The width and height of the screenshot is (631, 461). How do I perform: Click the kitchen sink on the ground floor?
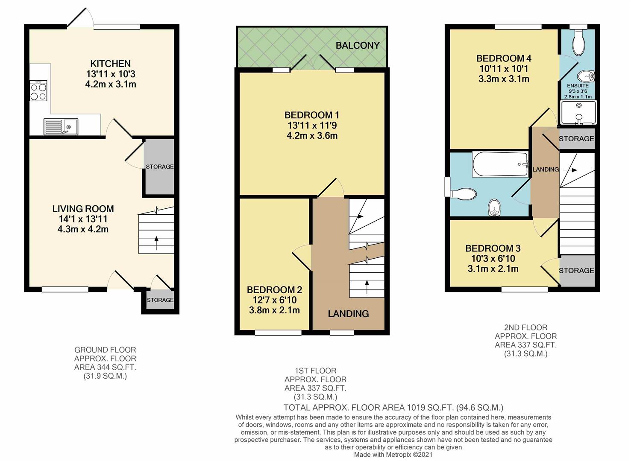(x=61, y=126)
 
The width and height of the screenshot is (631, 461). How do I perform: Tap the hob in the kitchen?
(x=38, y=91)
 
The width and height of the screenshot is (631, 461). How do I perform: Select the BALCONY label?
(x=357, y=45)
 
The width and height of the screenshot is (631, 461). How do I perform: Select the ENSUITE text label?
(x=578, y=86)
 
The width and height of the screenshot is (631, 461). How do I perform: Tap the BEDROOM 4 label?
(x=504, y=58)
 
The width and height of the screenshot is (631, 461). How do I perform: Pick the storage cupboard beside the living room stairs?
(x=159, y=166)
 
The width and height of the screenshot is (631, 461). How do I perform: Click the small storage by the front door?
(x=160, y=301)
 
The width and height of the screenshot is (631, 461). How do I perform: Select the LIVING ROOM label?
(x=83, y=209)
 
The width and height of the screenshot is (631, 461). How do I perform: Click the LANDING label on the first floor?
(x=348, y=314)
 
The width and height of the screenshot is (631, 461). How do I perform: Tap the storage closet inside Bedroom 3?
(x=576, y=271)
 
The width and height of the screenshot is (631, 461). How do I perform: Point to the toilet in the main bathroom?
(x=463, y=194)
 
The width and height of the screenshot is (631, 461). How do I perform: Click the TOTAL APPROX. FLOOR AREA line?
(x=393, y=408)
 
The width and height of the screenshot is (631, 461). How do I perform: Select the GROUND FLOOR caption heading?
(x=105, y=350)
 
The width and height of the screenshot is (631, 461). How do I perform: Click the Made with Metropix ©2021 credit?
(x=393, y=455)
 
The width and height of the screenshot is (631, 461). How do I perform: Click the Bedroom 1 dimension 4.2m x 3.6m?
(x=312, y=136)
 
